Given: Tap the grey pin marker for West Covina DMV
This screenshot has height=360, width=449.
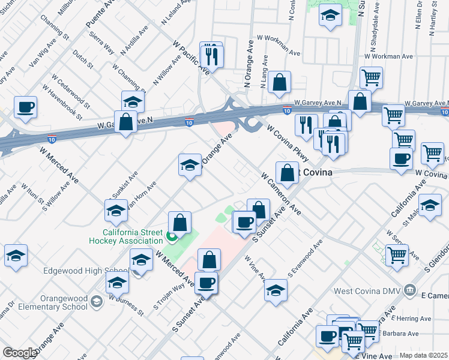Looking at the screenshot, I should pyautogui.click(x=410, y=290).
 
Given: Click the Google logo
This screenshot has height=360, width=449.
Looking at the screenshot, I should pyautogui.click(x=19, y=353).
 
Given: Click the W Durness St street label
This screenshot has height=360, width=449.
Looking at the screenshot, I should pyautogui.click(x=125, y=305).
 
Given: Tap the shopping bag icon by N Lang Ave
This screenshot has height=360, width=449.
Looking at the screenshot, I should pyautogui.click(x=279, y=83).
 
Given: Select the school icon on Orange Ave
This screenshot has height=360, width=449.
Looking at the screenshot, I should pyautogui.click(x=190, y=165).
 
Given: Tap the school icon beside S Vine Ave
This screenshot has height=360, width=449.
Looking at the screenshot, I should pyautogui.click(x=276, y=290).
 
